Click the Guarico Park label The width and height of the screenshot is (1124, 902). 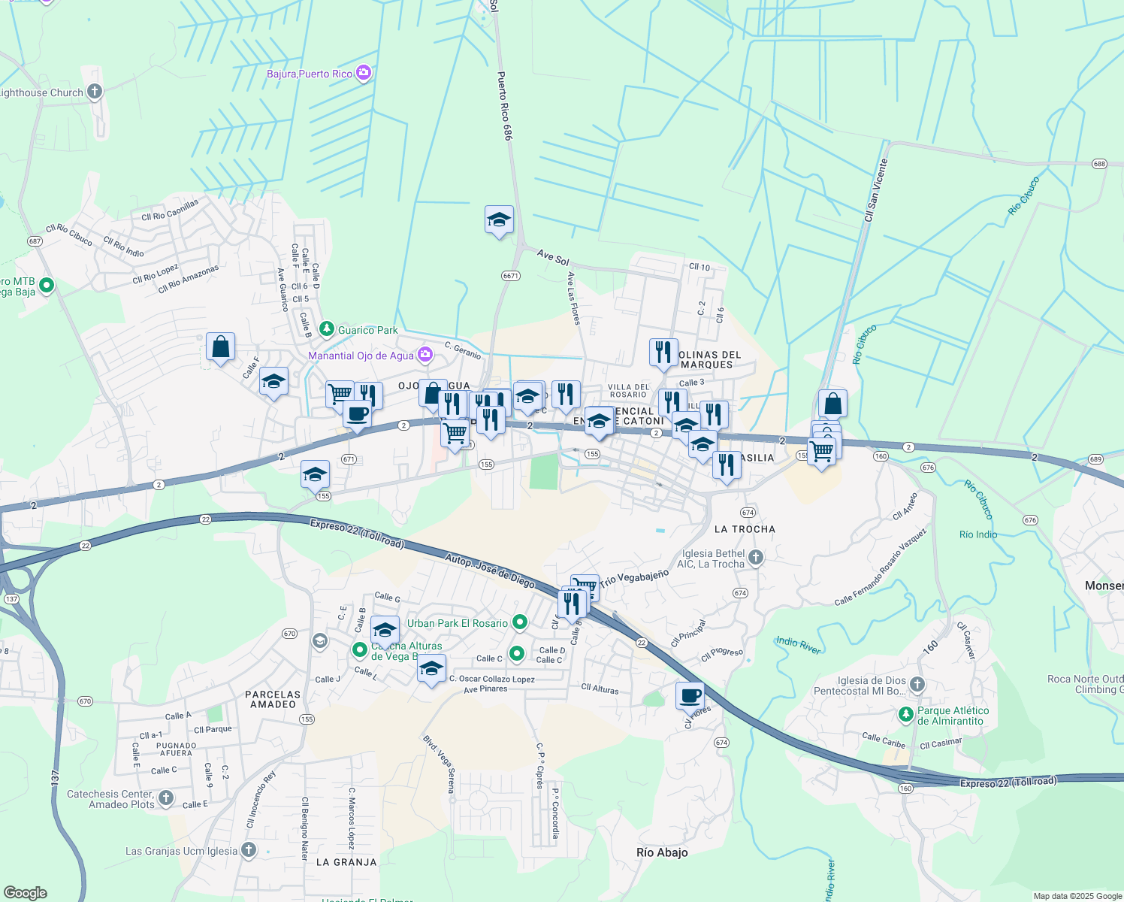(x=367, y=330)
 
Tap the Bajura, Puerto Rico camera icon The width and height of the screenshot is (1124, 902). (x=364, y=74)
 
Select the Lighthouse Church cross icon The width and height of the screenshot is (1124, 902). (x=94, y=92)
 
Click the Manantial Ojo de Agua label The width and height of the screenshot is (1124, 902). (x=361, y=356)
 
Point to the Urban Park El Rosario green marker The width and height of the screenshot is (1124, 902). (x=519, y=622)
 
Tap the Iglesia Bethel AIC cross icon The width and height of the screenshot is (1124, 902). (x=756, y=558)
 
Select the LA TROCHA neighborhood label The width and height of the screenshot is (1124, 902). (x=745, y=529)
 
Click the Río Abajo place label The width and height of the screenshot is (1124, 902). (x=662, y=852)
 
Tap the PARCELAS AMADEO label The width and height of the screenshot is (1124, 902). (x=273, y=699)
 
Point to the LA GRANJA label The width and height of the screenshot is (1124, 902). (x=346, y=862)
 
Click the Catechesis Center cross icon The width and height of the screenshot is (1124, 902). (x=166, y=798)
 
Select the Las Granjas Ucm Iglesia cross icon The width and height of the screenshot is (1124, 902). (x=249, y=851)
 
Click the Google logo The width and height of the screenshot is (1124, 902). (x=25, y=893)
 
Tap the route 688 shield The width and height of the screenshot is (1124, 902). (x=1100, y=164)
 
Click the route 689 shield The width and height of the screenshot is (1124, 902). (x=1095, y=459)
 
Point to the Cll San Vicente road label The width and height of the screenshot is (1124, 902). (x=876, y=190)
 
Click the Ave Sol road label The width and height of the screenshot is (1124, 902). (x=553, y=258)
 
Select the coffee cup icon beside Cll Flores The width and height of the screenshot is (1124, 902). (x=690, y=695)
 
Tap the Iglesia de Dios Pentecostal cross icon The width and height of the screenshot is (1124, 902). (x=917, y=685)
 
